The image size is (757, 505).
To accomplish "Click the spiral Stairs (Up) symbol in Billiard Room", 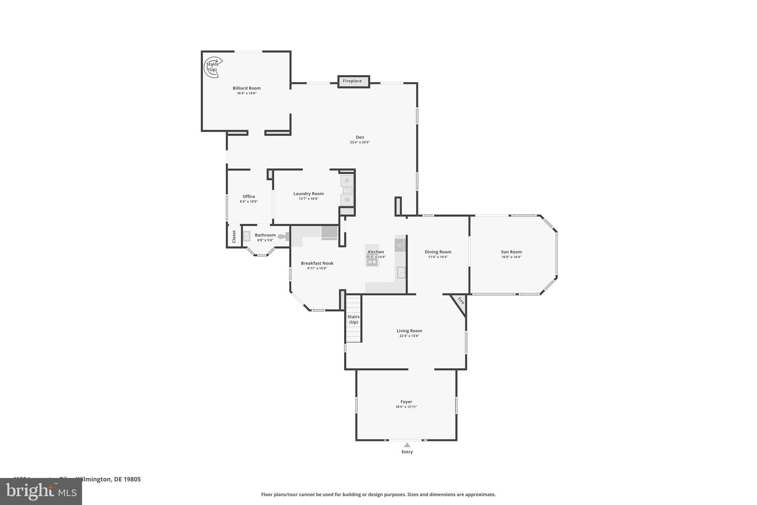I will [213, 67].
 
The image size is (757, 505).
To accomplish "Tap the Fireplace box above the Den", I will [353, 81].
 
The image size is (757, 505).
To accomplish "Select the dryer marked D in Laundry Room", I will [347, 181].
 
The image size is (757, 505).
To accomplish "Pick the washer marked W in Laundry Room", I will [347, 200].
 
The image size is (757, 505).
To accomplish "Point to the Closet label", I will [234, 236].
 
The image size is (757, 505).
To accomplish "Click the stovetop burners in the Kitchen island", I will [372, 262].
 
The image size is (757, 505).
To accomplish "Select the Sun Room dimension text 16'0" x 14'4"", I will [511, 257].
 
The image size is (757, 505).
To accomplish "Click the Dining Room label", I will [438, 252].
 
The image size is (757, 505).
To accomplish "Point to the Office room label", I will [249, 196].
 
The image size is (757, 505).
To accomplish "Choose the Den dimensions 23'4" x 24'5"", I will [360, 142].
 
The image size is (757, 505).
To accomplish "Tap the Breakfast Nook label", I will [317, 263].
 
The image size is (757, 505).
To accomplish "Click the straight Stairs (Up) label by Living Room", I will [353, 319].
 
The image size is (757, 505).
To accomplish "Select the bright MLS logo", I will [41, 492].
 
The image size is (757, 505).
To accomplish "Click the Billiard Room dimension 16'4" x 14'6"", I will [247, 93].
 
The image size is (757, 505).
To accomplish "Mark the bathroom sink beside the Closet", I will [246, 236].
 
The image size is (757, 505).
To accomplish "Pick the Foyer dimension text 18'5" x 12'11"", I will [406, 407].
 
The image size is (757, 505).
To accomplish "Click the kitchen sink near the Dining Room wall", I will [401, 273].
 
